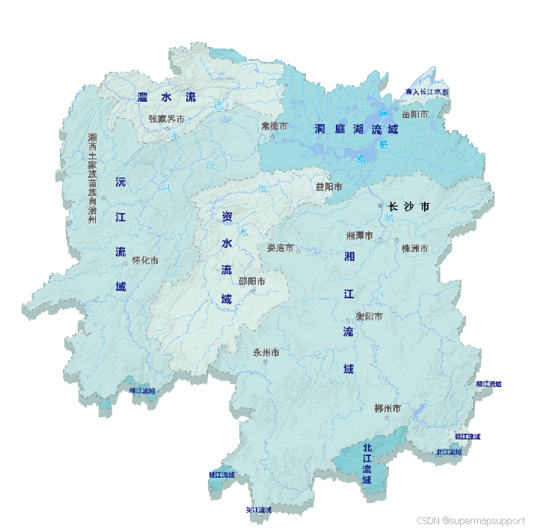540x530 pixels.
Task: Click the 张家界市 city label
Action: (x=166, y=118)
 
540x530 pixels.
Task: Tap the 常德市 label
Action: (x=274, y=126)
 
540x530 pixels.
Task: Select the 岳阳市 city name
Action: (x=414, y=114)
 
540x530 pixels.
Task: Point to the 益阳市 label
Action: (x=328, y=187)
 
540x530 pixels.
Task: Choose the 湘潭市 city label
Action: (x=360, y=235)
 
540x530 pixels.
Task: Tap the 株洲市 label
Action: (x=414, y=248)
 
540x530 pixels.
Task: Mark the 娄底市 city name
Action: (x=280, y=247)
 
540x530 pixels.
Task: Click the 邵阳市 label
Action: (x=251, y=281)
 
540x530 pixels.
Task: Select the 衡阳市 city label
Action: (x=369, y=316)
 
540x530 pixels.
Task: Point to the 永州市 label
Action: (x=266, y=352)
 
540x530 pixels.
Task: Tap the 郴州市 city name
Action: (x=387, y=408)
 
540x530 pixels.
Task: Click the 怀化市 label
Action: (x=145, y=261)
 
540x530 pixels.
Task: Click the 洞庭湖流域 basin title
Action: (x=356, y=129)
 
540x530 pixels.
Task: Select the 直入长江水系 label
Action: (x=427, y=92)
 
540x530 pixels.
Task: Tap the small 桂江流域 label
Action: (x=221, y=475)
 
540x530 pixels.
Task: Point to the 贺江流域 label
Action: (x=259, y=510)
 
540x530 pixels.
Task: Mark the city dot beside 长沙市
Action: (x=380, y=206)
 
